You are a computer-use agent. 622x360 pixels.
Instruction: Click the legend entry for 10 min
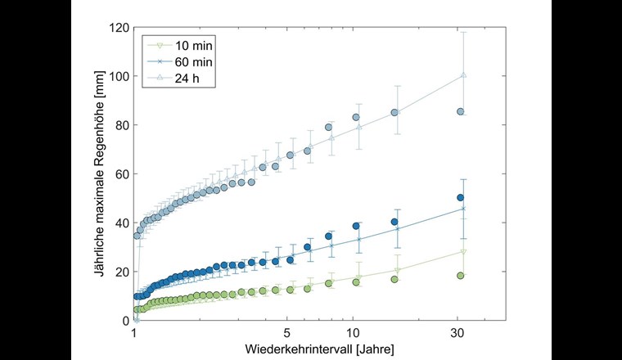pos(187,45)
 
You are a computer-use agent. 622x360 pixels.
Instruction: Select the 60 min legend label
pos(187,60)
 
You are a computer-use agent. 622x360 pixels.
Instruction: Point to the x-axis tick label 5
pos(287,334)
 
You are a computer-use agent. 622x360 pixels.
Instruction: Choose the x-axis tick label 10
pos(354,334)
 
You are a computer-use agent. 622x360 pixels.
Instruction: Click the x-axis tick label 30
pos(458,334)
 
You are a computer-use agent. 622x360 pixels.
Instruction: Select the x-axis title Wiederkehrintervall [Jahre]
pos(319,349)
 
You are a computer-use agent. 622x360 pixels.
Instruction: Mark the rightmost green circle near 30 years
pos(461,276)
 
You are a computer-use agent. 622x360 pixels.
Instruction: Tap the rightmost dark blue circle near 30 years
pos(461,197)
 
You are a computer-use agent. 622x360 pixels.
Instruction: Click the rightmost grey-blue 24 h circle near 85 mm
pos(461,111)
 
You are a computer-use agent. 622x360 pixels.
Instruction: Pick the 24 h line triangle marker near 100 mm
pos(463,75)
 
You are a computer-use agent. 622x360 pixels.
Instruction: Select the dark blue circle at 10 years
pos(356,226)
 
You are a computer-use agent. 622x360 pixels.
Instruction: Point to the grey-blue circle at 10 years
pos(356,117)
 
